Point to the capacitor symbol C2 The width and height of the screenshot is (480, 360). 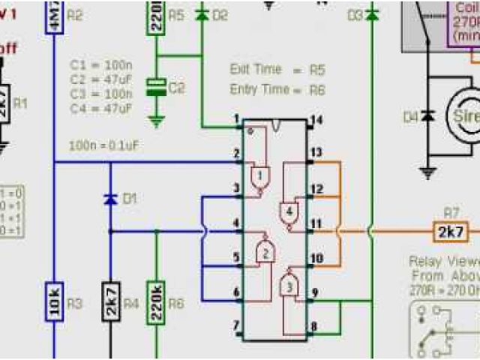tap(156, 88)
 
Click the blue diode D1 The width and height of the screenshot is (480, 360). tap(109, 199)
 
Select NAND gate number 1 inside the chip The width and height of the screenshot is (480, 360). tap(259, 177)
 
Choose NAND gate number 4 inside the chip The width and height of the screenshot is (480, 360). tap(289, 211)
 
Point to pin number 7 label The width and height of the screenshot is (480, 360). tap(236, 325)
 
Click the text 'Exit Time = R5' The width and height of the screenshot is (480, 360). tap(277, 70)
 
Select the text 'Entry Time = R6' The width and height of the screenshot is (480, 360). tap(277, 89)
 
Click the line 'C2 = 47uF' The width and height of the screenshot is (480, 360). tap(101, 79)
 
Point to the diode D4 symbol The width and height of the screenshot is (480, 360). tap(428, 116)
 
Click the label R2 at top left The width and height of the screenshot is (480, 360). tap(76, 15)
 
